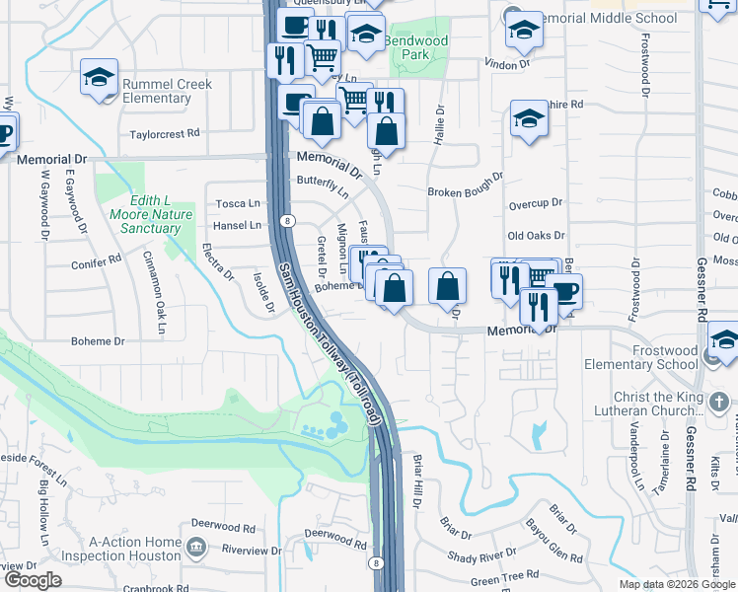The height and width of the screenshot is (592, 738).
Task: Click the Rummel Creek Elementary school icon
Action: pyautogui.click(x=100, y=77)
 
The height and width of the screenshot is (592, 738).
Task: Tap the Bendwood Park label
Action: pyautogui.click(x=415, y=48)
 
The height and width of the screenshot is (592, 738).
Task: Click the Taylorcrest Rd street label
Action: pyautogui.click(x=164, y=133)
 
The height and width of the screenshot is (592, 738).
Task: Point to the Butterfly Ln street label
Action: pyautogui.click(x=323, y=186)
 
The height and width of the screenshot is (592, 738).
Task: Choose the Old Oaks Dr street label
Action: pyautogui.click(x=536, y=236)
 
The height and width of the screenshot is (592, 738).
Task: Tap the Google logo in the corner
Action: pyautogui.click(x=32, y=580)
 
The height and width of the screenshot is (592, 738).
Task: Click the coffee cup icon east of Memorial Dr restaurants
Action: pyautogui.click(x=565, y=292)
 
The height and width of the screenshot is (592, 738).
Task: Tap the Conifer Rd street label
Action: pyautogui.click(x=96, y=263)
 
